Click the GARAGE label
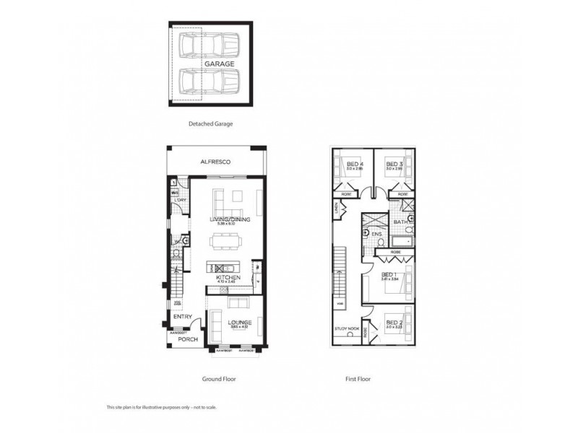pos(219,64)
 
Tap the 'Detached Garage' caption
pos(210,123)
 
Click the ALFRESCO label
pos(215,162)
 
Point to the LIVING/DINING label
pos(230,219)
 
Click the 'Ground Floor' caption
pos(218,378)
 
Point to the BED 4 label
pos(355,165)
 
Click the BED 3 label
pos(394,165)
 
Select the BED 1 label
pos(389,275)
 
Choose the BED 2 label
pos(394,322)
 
